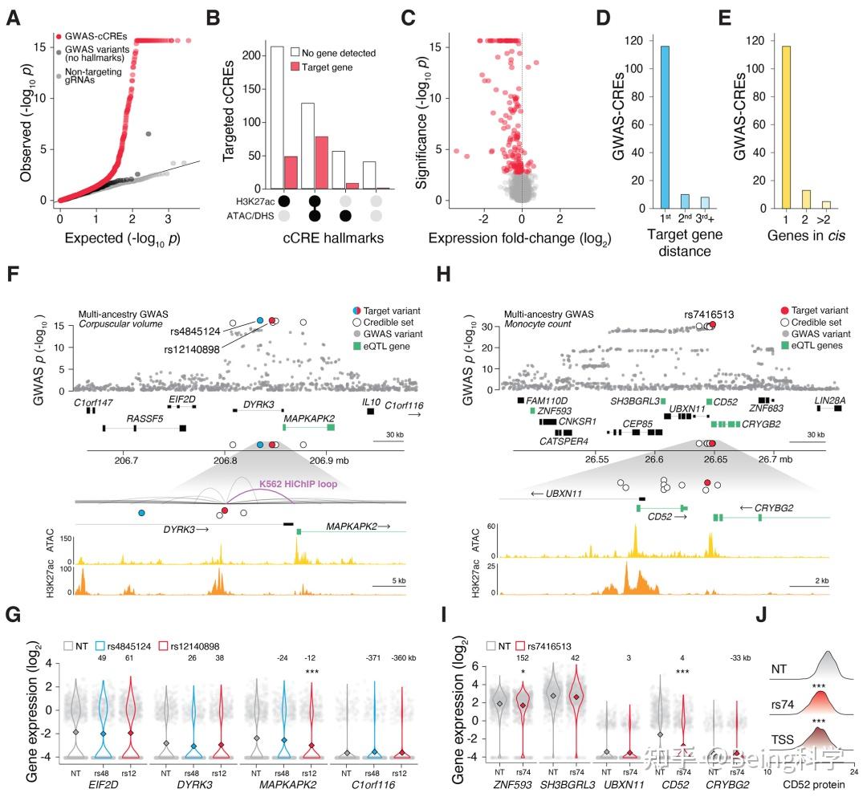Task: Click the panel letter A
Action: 14,17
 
